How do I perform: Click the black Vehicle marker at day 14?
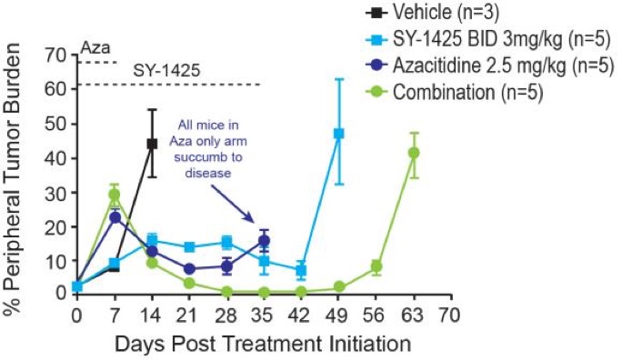click(x=153, y=144)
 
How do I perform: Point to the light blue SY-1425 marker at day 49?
click(x=338, y=134)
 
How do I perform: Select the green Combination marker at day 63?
click(x=414, y=153)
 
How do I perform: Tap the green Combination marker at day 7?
click(x=115, y=195)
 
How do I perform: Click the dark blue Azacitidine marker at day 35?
click(x=264, y=241)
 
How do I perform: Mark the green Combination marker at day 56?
click(x=376, y=266)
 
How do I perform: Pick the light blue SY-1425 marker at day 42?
click(x=301, y=270)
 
